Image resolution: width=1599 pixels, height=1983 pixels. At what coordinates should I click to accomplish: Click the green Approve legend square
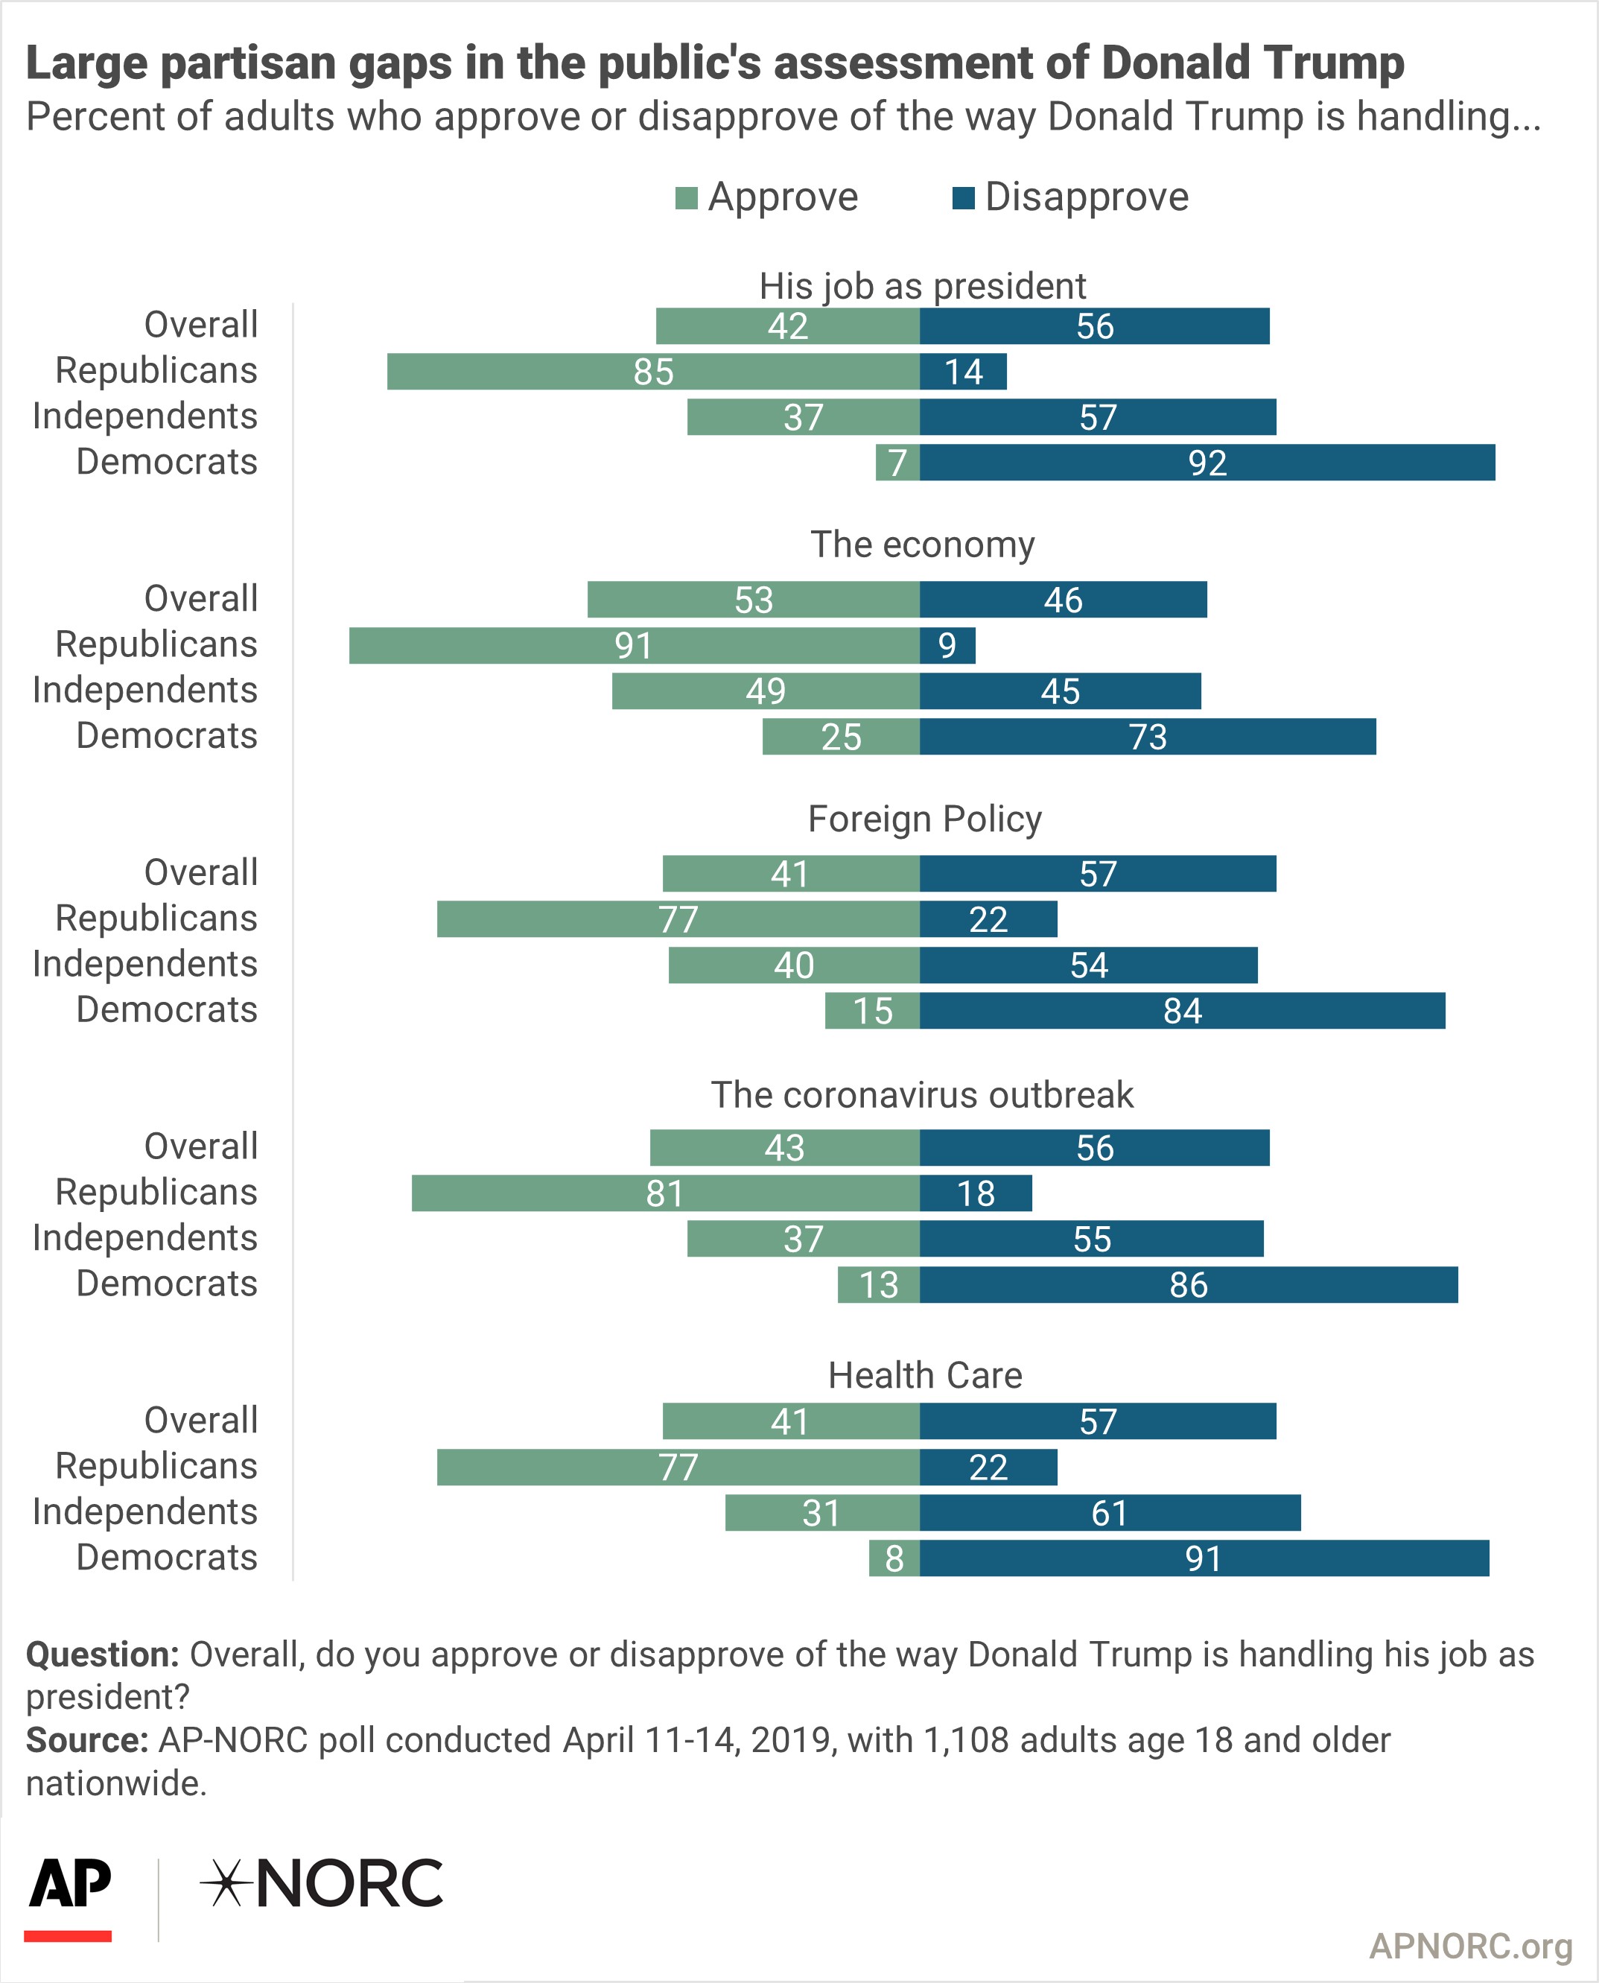(686, 198)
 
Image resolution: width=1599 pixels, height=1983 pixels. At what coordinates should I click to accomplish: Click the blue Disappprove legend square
(964, 198)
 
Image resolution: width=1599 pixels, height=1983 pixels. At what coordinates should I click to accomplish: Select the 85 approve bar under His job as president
(653, 371)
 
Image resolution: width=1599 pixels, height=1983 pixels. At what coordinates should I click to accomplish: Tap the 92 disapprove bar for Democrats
(1207, 463)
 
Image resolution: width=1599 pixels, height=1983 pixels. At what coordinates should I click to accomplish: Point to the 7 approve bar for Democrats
(898, 463)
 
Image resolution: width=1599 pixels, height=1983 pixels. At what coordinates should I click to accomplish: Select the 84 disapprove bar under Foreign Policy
(1183, 1010)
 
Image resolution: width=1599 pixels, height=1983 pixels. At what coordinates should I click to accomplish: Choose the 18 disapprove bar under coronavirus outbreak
(976, 1193)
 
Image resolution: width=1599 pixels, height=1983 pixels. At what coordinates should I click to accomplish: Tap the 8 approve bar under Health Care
(894, 1558)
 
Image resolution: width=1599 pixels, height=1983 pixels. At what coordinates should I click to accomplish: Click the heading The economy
(923, 545)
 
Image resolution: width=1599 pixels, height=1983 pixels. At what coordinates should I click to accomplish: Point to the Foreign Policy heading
(925, 819)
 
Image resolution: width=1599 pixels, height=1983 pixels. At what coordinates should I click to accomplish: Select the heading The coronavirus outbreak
(922, 1094)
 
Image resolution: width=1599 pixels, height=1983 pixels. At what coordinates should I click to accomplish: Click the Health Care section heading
(925, 1375)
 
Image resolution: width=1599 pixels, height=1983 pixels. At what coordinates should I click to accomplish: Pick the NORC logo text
(322, 1882)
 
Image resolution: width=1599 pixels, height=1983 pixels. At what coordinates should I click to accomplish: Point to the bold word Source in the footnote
(86, 1741)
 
